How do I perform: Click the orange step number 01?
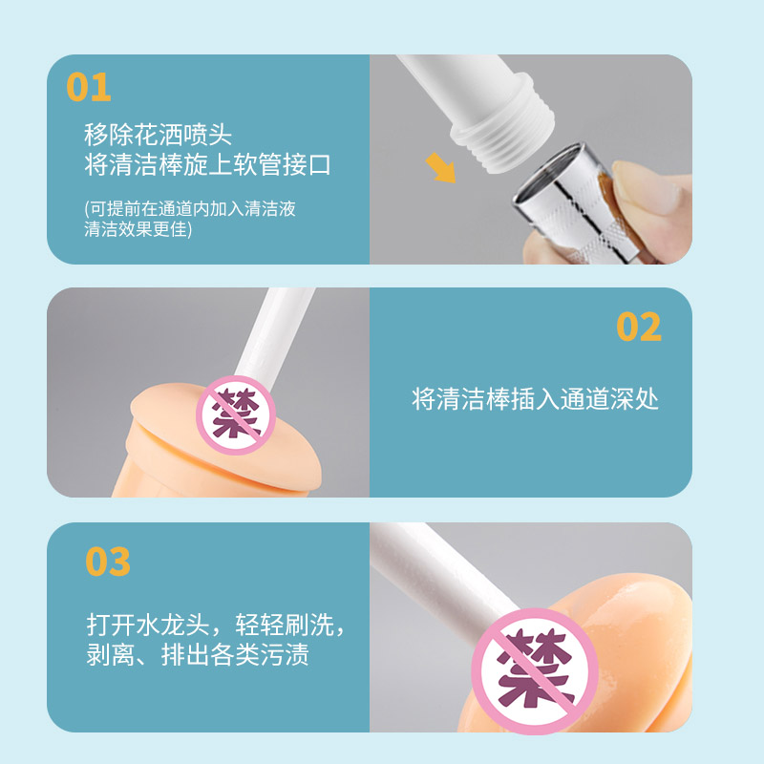89,87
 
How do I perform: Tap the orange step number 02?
639,326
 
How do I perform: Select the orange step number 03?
108,562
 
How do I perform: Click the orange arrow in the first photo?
441,168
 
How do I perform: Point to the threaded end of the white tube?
504,124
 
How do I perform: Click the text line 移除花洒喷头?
158,135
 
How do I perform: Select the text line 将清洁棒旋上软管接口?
207,164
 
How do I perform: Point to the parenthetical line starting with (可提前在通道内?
190,208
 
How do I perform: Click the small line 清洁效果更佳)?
138,228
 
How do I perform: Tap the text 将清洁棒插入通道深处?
535,399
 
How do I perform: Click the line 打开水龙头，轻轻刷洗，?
217,625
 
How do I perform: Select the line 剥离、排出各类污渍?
198,654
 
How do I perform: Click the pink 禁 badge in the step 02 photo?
236,415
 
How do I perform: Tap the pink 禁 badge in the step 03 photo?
535,671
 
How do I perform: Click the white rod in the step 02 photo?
274,335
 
